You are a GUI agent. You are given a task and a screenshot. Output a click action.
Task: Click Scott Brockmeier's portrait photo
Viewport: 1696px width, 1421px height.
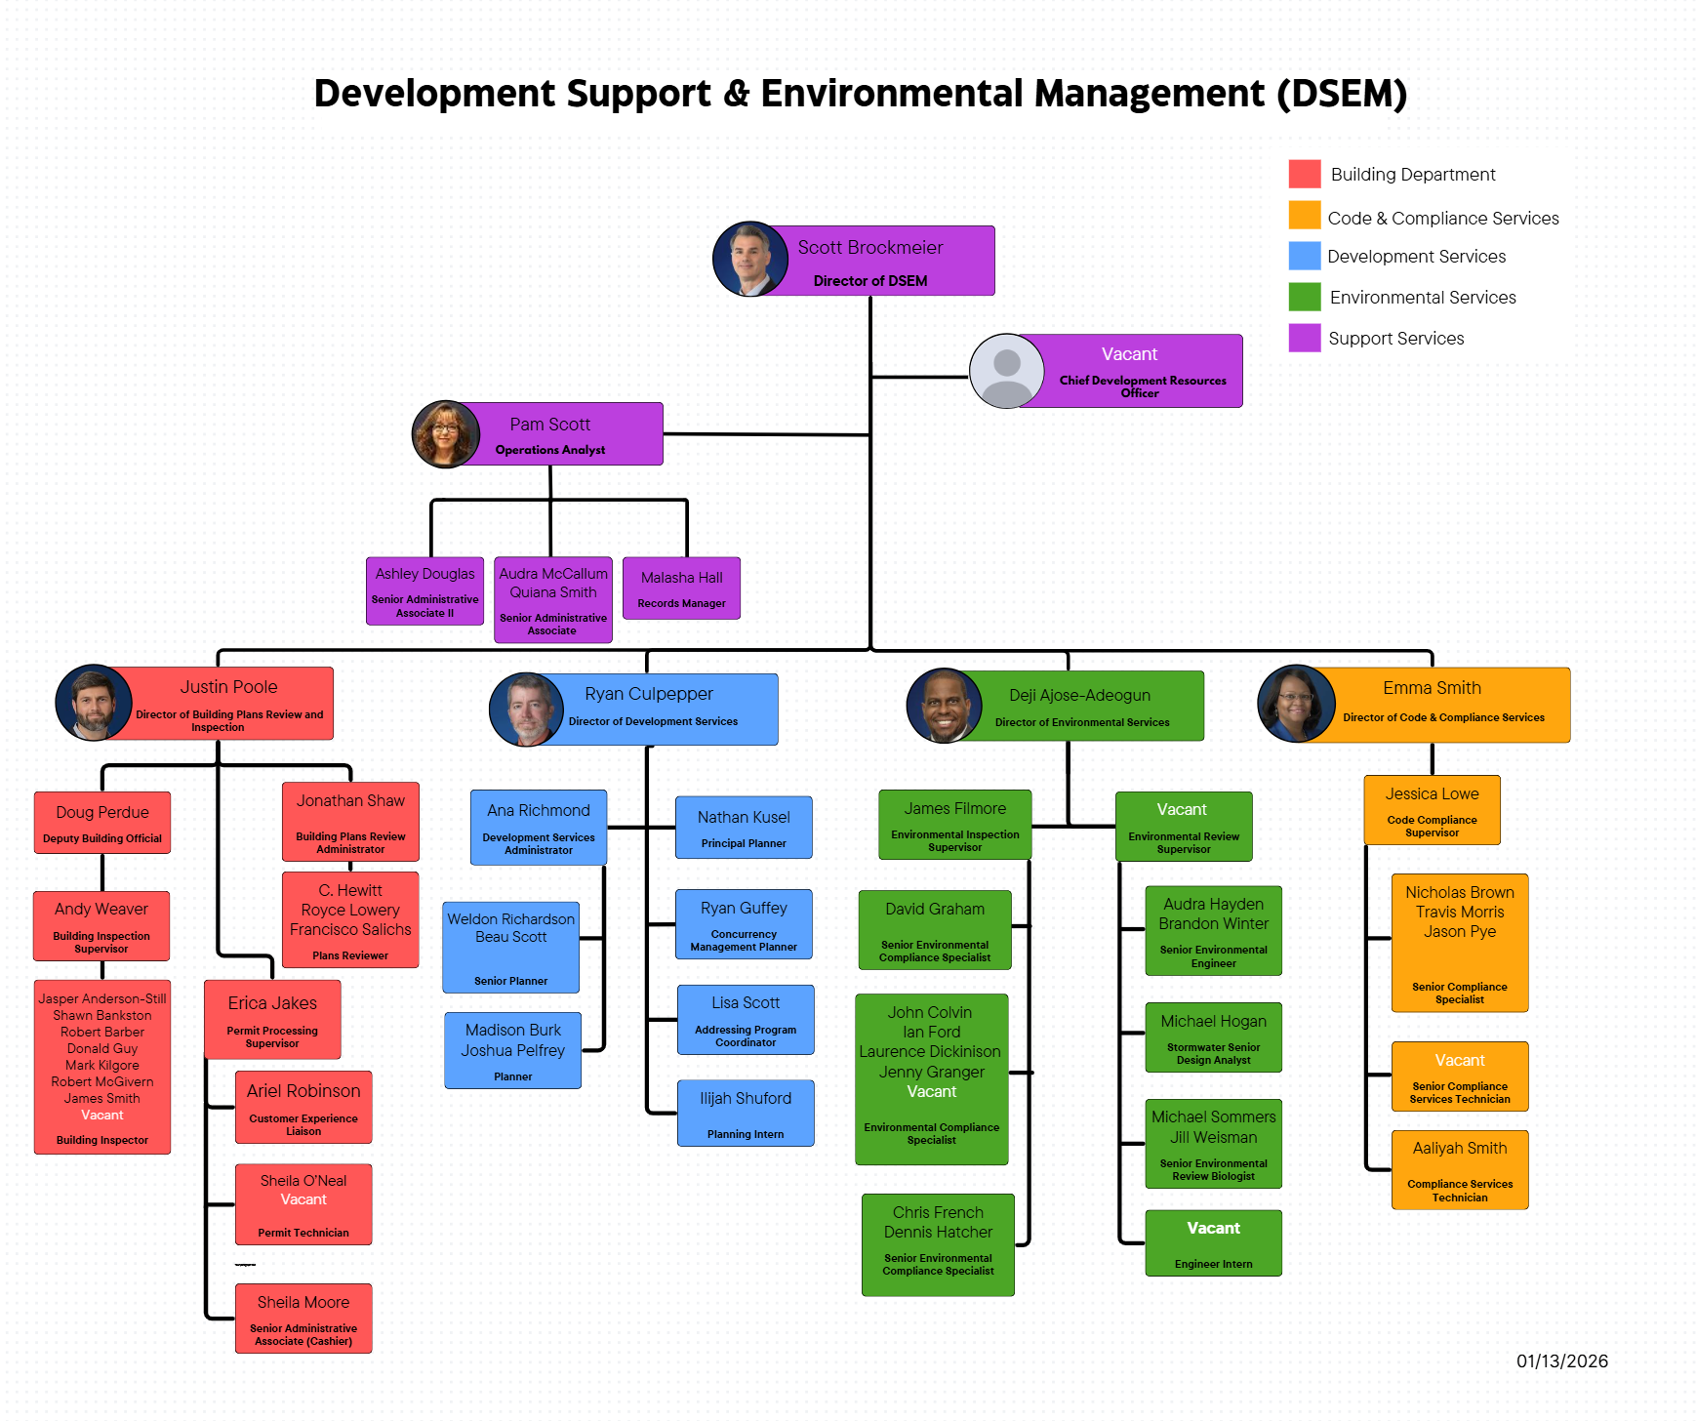tap(749, 260)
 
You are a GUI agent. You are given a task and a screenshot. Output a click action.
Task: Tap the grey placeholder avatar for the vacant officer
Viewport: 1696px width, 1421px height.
tap(1006, 372)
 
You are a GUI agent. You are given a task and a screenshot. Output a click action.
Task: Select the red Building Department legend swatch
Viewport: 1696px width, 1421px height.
tap(1304, 174)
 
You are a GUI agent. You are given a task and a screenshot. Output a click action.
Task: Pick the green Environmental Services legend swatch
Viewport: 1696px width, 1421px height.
tap(1304, 297)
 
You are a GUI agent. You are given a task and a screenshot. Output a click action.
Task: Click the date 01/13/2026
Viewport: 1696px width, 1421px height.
tap(1561, 1361)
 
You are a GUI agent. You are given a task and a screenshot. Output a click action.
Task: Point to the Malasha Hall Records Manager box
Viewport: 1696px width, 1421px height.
tap(681, 589)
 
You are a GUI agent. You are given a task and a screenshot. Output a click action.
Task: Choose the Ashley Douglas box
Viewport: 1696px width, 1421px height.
tap(424, 590)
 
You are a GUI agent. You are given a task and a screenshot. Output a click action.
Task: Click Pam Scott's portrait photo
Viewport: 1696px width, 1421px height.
tap(446, 434)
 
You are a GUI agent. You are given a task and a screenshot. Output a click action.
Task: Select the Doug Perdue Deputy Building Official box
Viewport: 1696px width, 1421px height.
tap(102, 823)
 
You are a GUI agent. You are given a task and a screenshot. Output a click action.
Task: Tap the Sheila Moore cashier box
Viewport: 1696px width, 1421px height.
tap(303, 1319)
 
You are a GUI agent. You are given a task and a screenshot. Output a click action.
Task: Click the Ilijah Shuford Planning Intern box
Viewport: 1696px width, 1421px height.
tap(746, 1113)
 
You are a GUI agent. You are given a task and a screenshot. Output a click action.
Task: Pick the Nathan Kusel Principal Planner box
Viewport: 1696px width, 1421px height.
tap(744, 828)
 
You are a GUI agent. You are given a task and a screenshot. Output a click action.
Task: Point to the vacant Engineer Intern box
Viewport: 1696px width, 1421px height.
tap(1213, 1243)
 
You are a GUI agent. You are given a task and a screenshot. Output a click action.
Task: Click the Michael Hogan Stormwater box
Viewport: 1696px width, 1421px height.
tap(1213, 1037)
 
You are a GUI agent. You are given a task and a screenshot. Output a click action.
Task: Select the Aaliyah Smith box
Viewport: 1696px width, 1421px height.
tap(1460, 1170)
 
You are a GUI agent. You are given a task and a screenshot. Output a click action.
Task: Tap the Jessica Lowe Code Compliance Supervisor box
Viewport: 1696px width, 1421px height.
tap(1432, 810)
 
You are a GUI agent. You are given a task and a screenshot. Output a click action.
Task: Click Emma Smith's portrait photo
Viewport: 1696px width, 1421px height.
tap(1296, 704)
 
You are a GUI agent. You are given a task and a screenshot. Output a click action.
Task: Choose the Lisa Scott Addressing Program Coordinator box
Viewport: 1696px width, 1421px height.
tap(746, 1020)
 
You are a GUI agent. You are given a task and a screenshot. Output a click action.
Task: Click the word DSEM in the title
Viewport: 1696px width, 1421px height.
tap(1342, 94)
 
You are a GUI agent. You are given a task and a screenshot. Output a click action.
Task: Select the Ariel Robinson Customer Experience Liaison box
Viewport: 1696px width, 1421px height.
tap(303, 1108)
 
